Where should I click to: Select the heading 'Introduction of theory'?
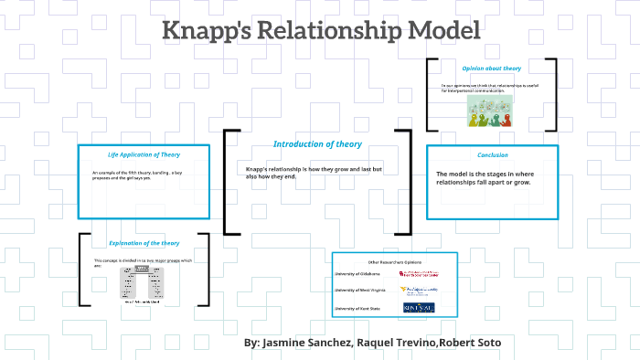pos(317,144)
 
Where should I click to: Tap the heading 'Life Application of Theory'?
pos(144,155)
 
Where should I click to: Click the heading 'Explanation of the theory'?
pos(144,244)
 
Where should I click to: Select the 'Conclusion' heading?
pos(493,155)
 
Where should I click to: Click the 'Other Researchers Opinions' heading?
pos(394,262)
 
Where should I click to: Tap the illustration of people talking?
pos(490,111)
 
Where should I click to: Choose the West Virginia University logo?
pos(419,290)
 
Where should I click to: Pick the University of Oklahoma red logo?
pos(418,273)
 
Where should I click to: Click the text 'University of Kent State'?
pos(359,310)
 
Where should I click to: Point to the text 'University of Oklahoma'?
pos(358,273)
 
